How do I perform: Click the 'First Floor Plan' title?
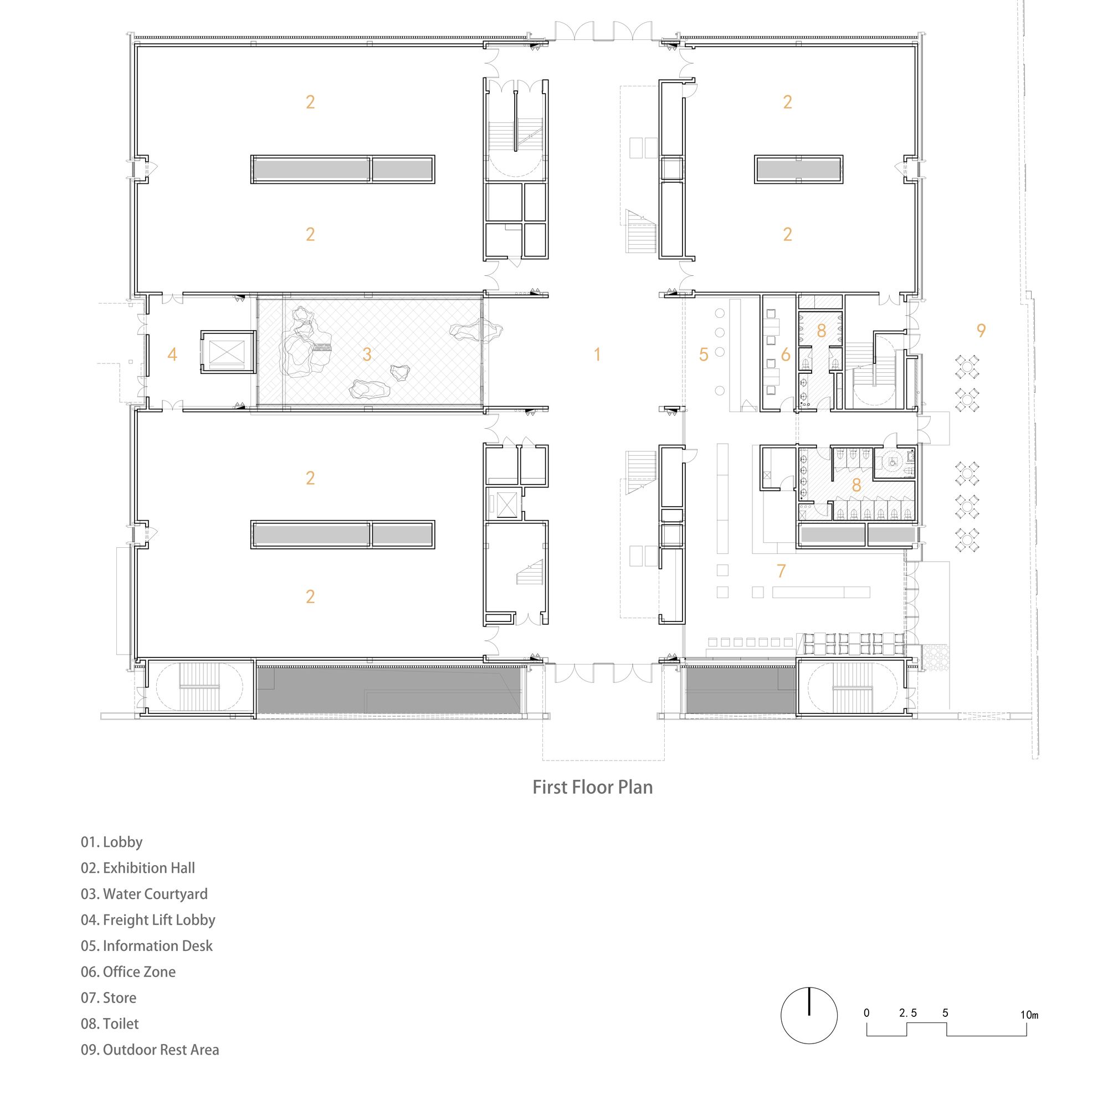click(x=592, y=787)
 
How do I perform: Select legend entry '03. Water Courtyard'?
click(x=144, y=894)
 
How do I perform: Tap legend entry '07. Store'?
click(x=109, y=998)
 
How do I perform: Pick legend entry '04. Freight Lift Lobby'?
click(x=148, y=919)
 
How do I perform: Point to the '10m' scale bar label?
click(x=1029, y=1015)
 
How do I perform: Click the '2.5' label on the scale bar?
click(x=908, y=1013)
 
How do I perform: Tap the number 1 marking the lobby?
click(x=598, y=354)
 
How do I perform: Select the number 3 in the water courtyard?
click(x=367, y=354)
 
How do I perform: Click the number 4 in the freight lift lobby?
click(x=172, y=354)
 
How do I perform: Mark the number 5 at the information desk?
click(x=704, y=354)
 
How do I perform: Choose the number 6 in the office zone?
click(x=786, y=354)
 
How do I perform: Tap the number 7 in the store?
click(x=781, y=571)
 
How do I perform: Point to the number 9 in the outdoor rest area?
click(x=981, y=330)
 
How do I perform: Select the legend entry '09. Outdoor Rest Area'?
click(x=150, y=1050)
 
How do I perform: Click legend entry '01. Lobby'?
click(x=111, y=842)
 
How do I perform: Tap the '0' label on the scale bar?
click(x=866, y=1013)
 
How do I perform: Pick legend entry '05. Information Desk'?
click(x=146, y=946)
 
